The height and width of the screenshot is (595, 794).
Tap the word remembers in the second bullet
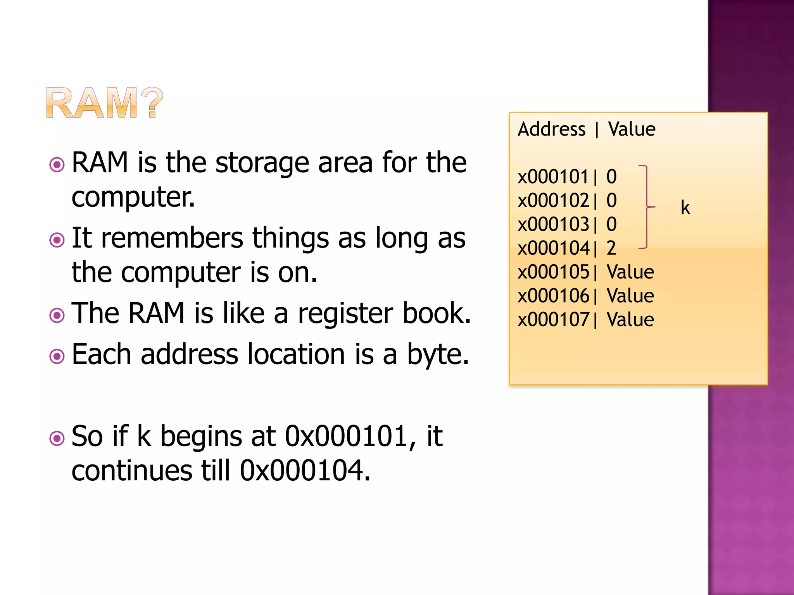[x=172, y=238]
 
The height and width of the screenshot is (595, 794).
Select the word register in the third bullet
[x=345, y=314]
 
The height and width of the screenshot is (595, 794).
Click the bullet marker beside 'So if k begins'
[x=57, y=439]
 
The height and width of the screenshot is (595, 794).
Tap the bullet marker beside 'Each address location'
[x=57, y=356]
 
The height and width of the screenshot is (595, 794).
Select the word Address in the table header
[x=551, y=129]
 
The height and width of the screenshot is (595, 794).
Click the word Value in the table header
[x=632, y=129]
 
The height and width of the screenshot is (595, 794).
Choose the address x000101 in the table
[x=553, y=177]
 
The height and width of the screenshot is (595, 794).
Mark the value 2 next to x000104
[x=611, y=248]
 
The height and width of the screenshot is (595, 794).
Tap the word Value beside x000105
[x=630, y=272]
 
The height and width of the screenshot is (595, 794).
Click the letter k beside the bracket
[x=685, y=208]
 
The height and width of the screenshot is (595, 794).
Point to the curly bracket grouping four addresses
[x=646, y=207]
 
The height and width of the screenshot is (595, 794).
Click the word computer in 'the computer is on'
[x=181, y=273]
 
